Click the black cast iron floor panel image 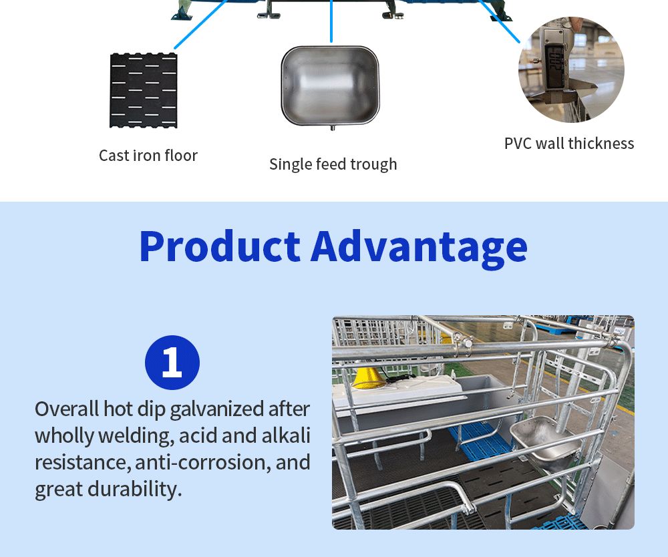144,90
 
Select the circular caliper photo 571,69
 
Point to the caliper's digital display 554,66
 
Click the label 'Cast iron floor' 148,156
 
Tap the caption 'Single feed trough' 333,164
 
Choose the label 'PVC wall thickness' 569,144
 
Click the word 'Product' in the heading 220,246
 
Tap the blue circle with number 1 172,363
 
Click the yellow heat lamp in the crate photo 367,378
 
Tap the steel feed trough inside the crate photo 546,441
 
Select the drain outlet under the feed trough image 333,128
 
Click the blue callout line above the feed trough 331,21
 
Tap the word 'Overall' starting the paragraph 67,409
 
